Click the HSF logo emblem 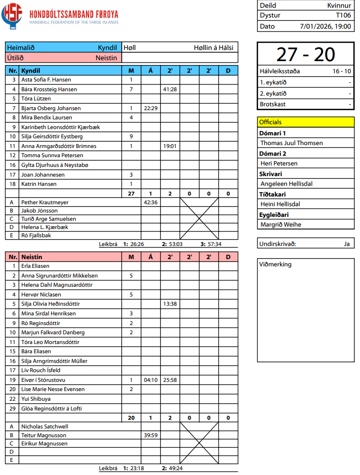point(12,16)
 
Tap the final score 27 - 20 point(306,54)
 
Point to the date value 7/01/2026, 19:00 point(326,26)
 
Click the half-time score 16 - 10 point(342,71)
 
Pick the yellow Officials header point(306,122)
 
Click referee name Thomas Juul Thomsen point(292,143)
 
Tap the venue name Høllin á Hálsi point(213,48)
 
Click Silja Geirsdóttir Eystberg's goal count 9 point(131,137)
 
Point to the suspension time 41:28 point(170,89)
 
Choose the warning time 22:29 point(150,108)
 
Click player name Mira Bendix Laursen point(47,118)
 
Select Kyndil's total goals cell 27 point(131,194)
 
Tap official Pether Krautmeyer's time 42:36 point(150,202)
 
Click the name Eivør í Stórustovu point(44,380)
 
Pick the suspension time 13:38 point(170,304)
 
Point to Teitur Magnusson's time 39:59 point(150,435)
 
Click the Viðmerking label point(275,264)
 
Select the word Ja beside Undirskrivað point(346,244)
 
